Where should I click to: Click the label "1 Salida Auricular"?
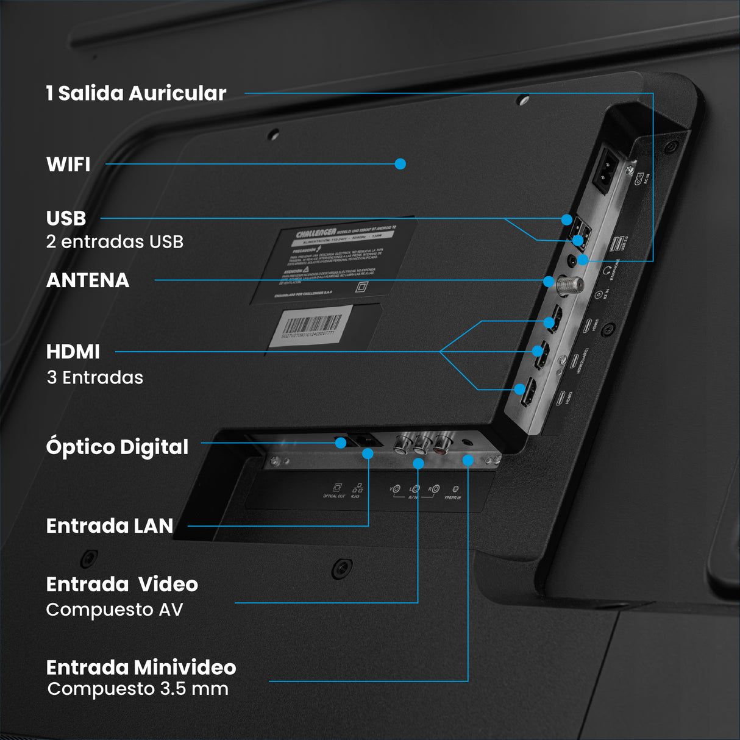pos(136,93)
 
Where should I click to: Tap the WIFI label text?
pos(68,165)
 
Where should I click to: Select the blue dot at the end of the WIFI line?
pos(400,164)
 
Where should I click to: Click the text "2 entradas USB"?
pos(115,242)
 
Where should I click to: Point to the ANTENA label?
pos(88,280)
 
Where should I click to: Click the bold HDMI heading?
pos(73,352)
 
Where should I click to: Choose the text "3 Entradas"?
pos(95,378)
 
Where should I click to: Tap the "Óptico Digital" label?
pos(117,447)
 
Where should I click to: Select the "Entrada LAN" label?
pos(110,526)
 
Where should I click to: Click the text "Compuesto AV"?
pos(115,610)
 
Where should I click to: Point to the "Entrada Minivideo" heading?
pos(141,667)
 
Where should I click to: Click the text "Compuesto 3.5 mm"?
pos(138,689)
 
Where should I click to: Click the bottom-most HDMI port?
pos(528,393)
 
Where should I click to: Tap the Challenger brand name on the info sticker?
pos(316,233)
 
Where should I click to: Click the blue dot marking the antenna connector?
pos(549,282)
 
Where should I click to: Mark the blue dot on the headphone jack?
pos(583,260)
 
